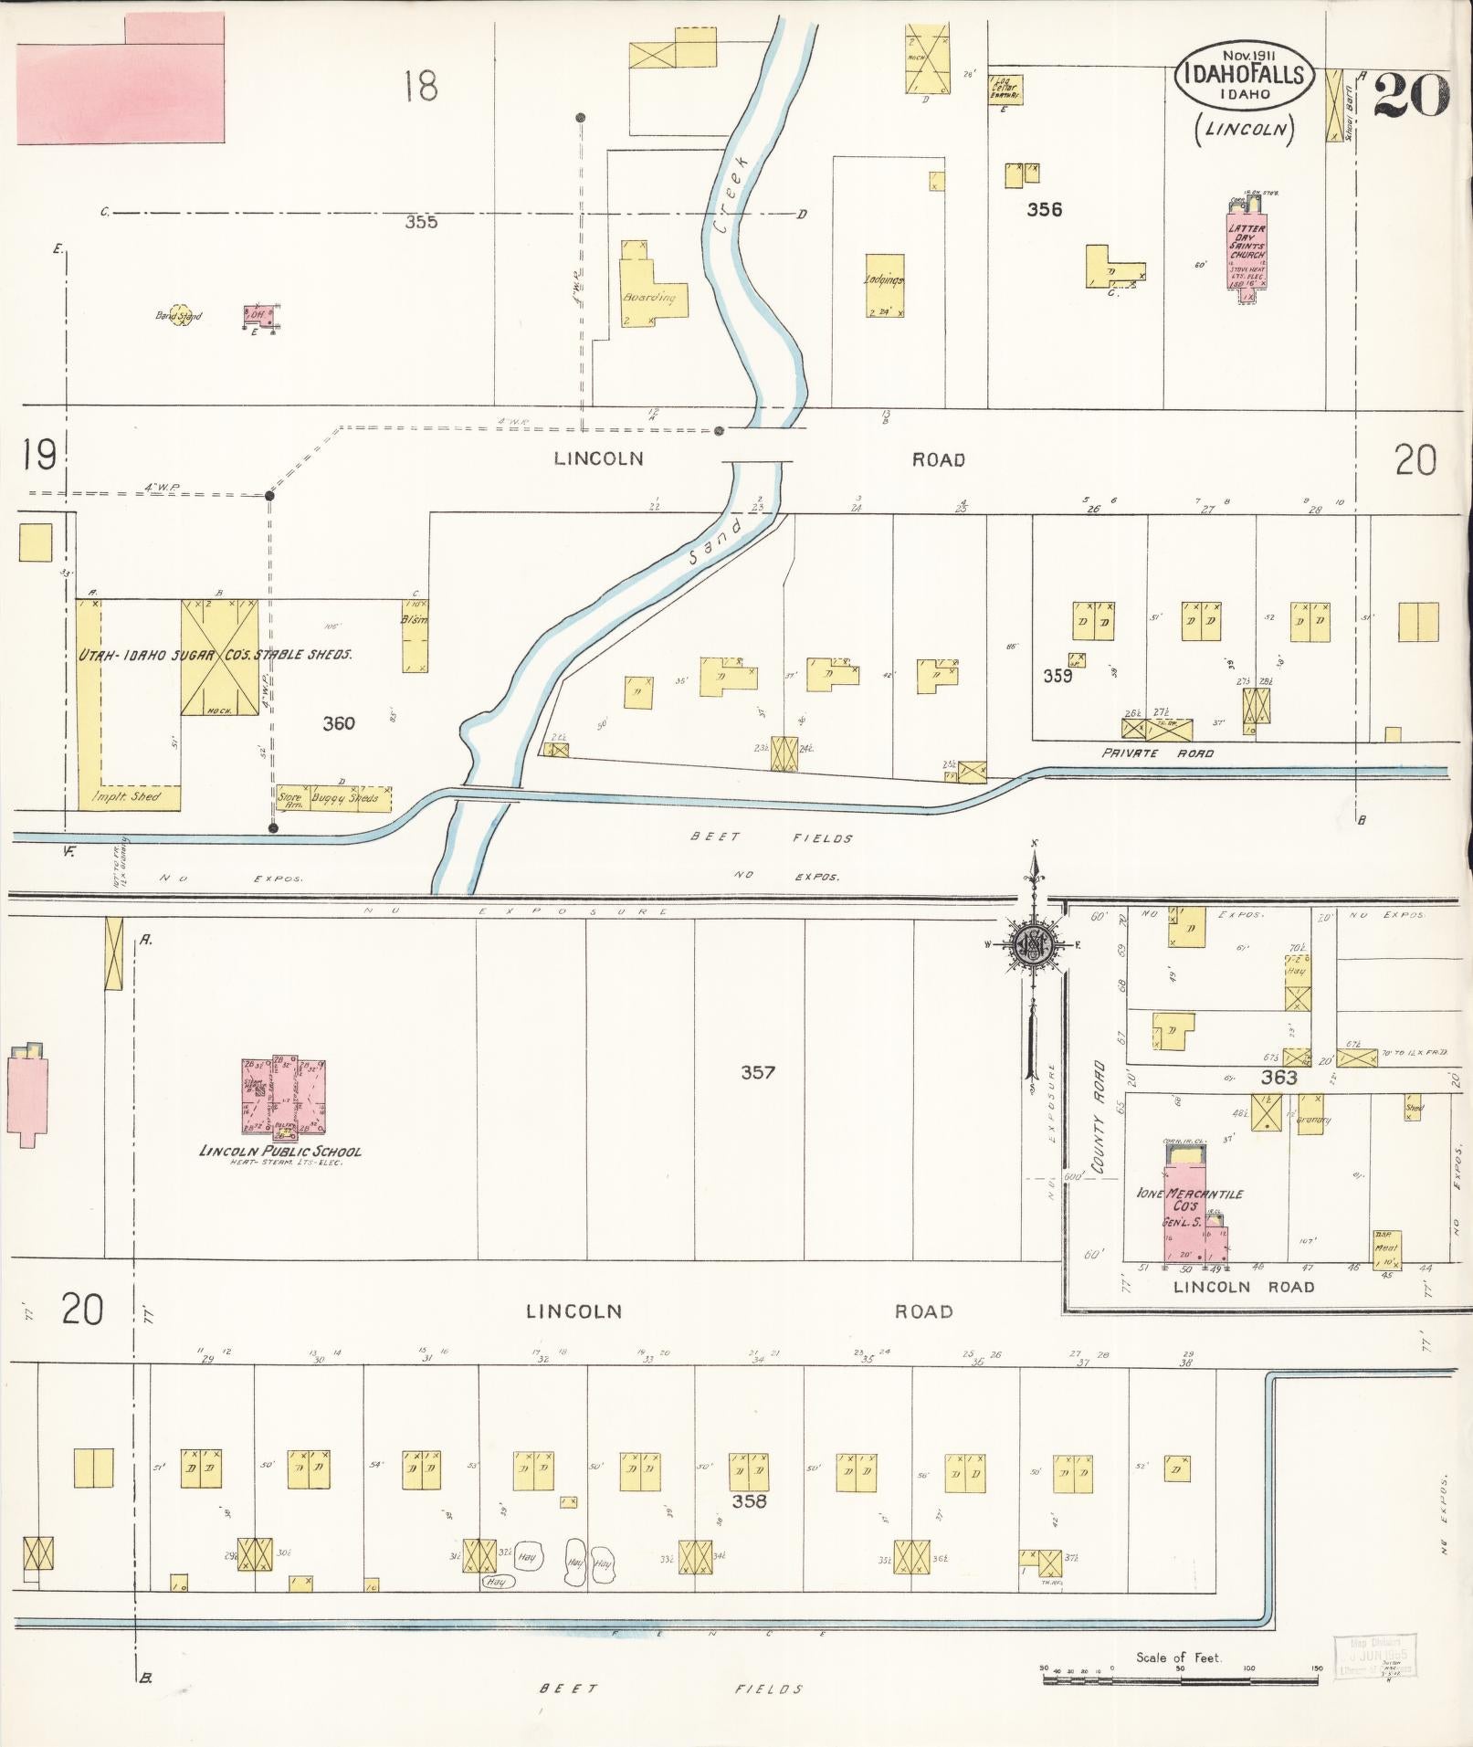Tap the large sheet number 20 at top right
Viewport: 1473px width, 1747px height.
(x=1411, y=95)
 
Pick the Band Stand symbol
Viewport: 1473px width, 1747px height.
(x=179, y=315)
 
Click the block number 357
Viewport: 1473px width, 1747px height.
(x=758, y=1072)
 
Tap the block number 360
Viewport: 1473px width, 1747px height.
(x=338, y=723)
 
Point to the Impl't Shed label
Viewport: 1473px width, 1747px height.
(x=127, y=796)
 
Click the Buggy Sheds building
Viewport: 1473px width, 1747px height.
(x=345, y=797)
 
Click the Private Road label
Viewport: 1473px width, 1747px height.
(x=1157, y=753)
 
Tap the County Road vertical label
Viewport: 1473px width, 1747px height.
(x=1099, y=1116)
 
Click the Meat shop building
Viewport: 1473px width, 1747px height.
(x=1386, y=1247)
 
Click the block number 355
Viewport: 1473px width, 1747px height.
(x=421, y=221)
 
